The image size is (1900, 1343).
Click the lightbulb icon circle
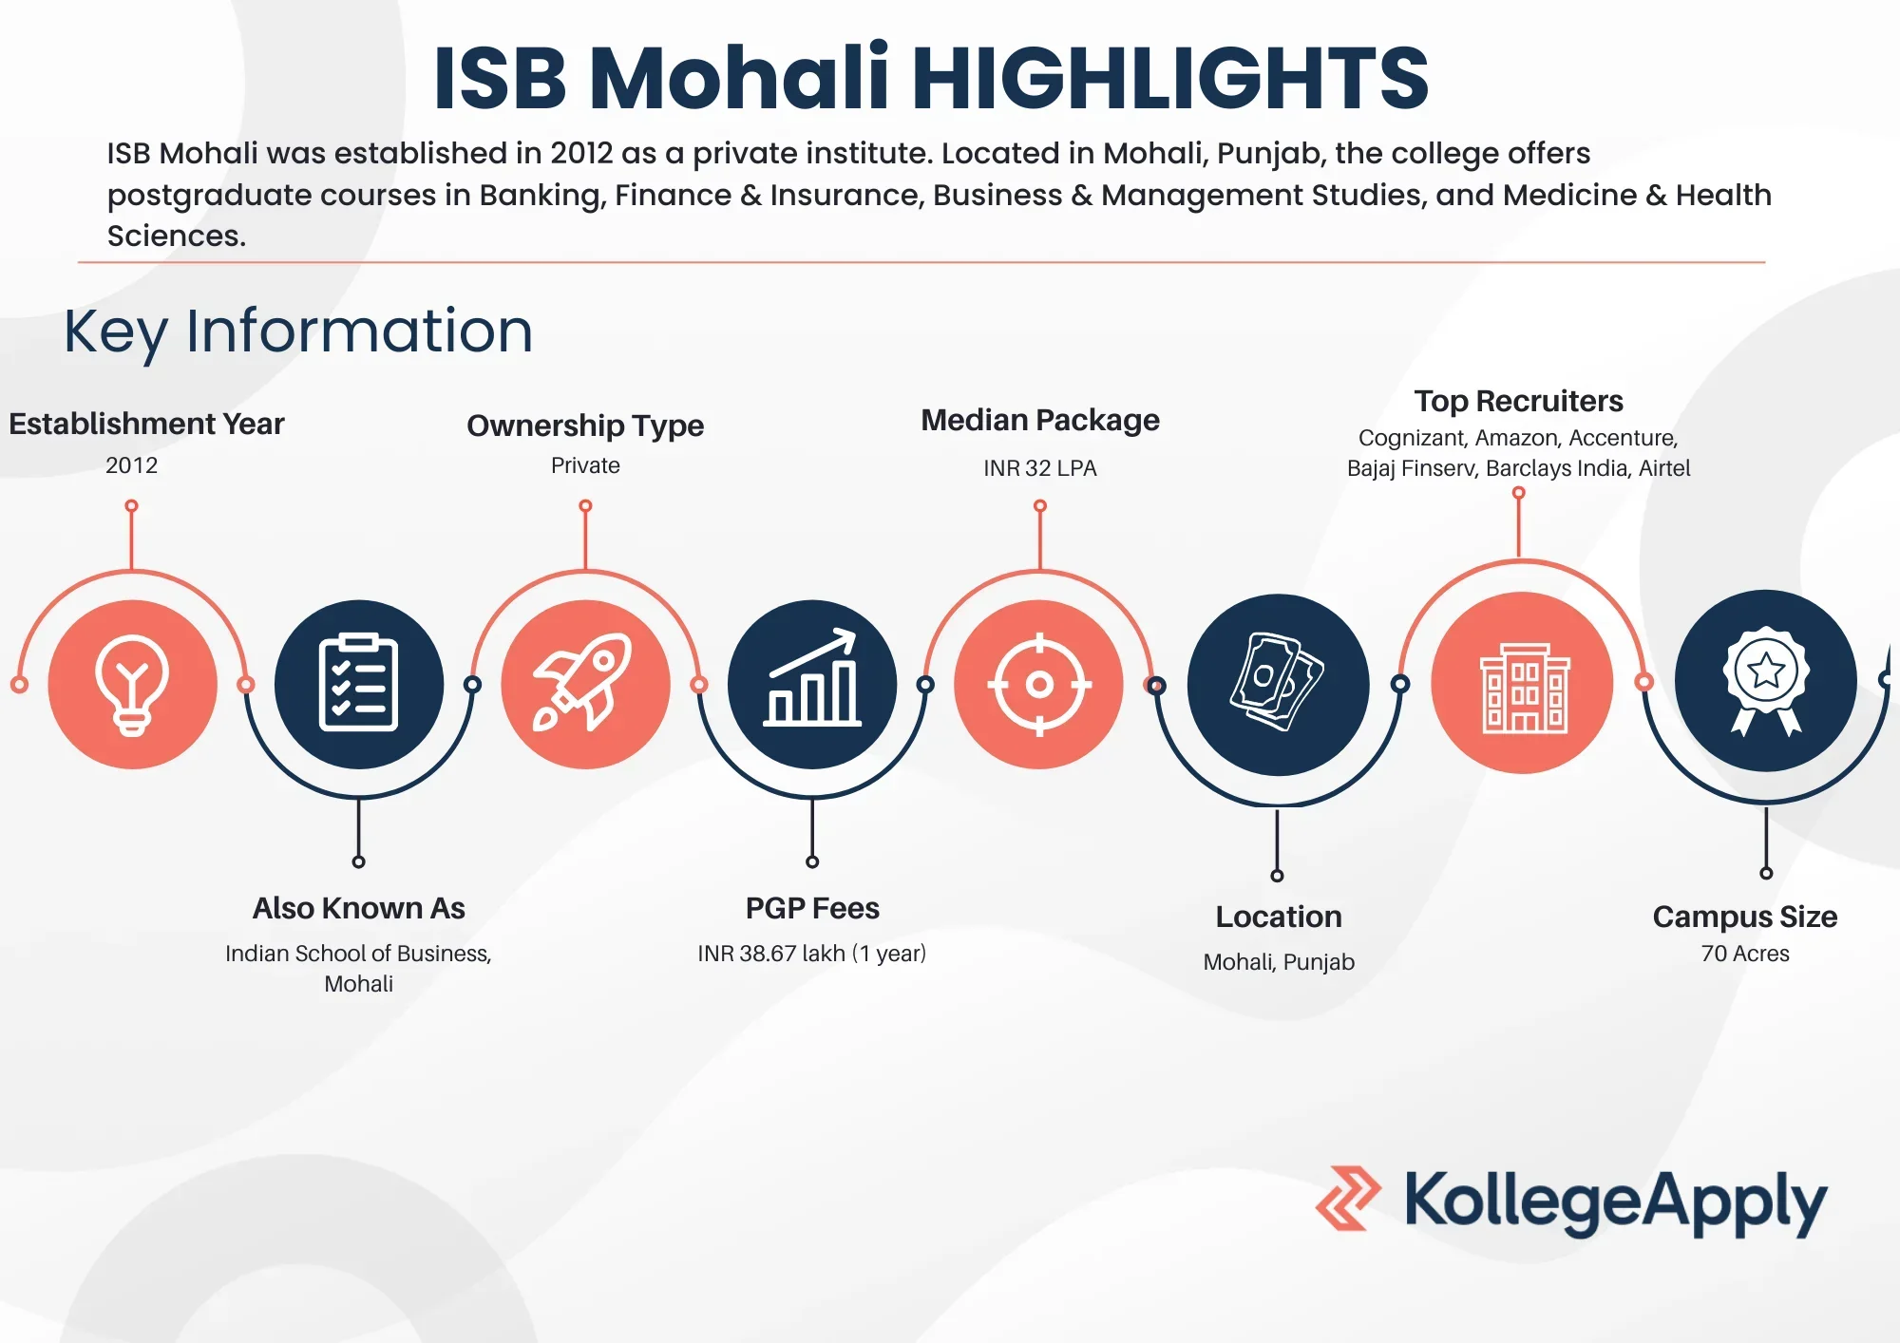133,684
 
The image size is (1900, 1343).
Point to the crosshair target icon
1039,684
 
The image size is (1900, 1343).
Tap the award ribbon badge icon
1766,681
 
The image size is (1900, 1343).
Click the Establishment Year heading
146,424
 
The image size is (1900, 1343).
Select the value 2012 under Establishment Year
132,465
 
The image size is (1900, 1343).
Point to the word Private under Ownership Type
585,465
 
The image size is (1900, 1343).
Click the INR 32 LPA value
1040,468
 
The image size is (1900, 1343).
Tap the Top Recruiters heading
1518,401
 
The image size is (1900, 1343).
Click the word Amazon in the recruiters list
1518,438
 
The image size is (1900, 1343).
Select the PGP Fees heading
812,908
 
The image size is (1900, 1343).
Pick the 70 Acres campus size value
1745,954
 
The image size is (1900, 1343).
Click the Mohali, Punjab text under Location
1279,962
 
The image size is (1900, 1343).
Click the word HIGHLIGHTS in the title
1170,78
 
